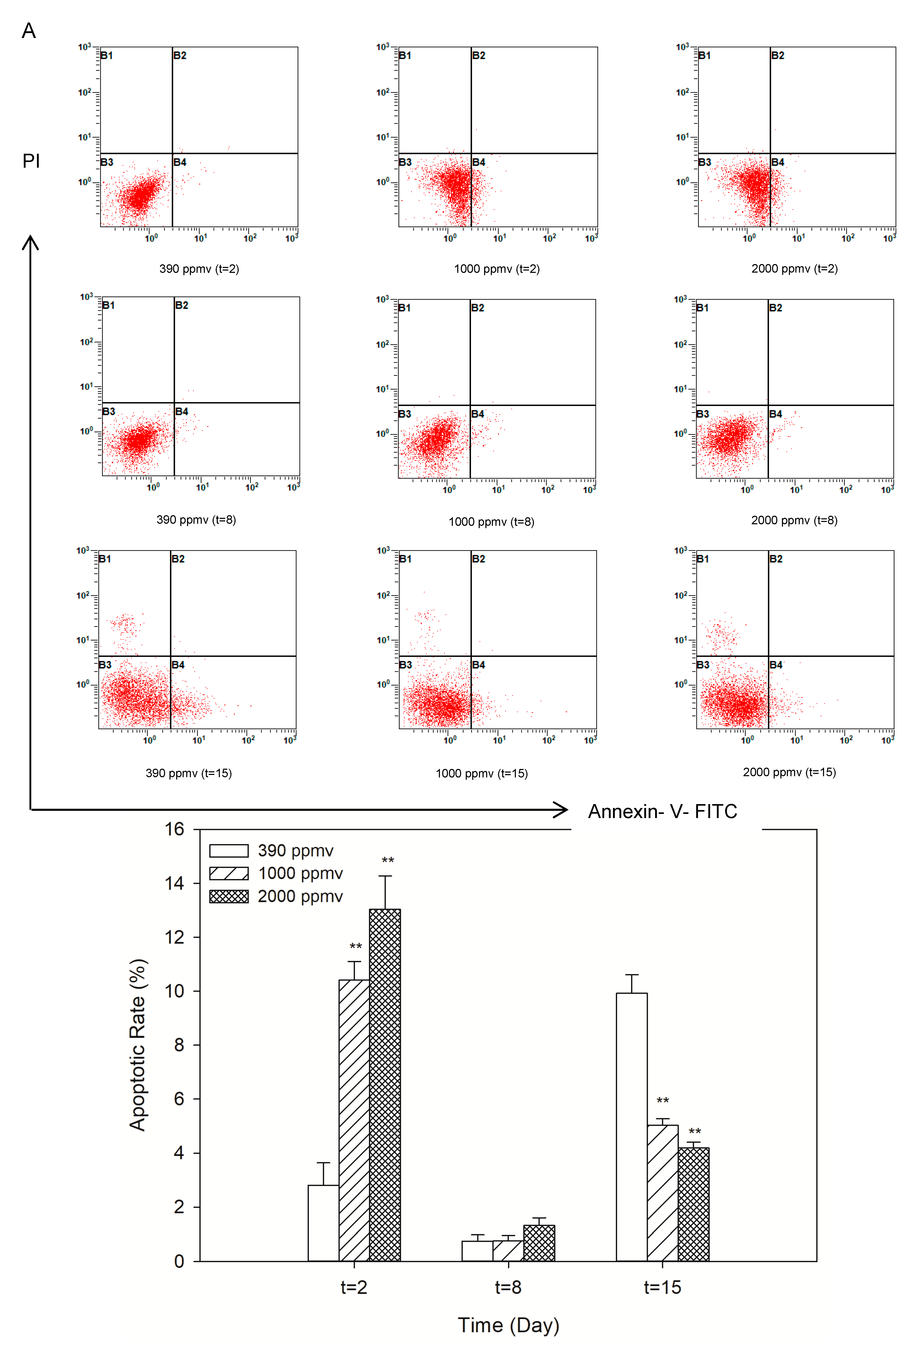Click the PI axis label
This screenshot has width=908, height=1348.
[31, 161]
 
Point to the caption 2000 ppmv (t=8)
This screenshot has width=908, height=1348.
[794, 520]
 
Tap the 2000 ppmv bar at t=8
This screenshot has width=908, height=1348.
[539, 1243]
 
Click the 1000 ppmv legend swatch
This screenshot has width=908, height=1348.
[229, 873]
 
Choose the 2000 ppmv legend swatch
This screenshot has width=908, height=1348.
[229, 896]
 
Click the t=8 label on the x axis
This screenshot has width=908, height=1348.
[508, 1287]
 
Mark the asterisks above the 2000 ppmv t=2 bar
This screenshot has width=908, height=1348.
[387, 861]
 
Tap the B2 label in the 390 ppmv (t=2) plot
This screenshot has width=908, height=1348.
[180, 56]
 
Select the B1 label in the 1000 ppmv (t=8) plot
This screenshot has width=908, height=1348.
[405, 307]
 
